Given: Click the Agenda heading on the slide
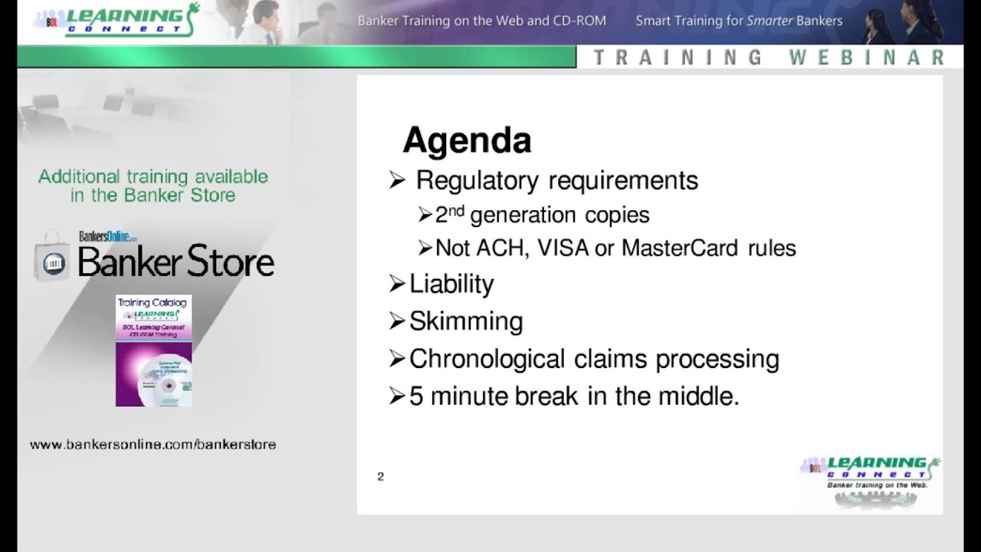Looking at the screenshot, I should [467, 141].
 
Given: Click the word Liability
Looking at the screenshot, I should [451, 284].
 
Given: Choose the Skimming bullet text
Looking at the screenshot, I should [466, 321].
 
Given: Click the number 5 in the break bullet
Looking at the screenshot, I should [415, 396].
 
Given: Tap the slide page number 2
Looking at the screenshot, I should [380, 477].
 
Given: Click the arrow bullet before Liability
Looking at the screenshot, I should [396, 284].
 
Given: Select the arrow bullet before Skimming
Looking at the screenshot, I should [396, 320].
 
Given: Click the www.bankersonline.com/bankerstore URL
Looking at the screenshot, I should [153, 445].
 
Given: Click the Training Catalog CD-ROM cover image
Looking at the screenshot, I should [153, 350].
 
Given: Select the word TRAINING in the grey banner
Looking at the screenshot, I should [678, 58].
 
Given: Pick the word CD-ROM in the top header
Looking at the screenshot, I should [579, 21].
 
